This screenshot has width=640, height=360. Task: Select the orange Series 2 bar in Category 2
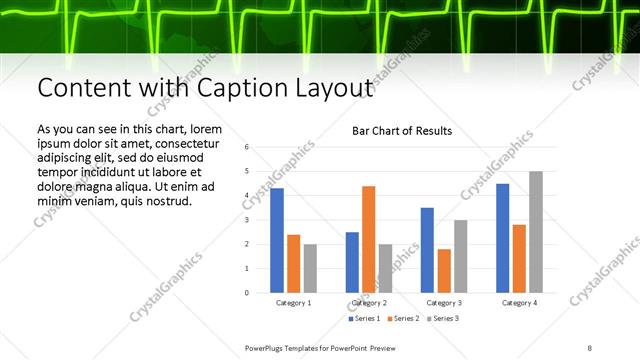[x=368, y=239]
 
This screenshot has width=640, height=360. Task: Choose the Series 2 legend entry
[x=403, y=319]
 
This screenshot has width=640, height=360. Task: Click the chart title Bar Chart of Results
[x=402, y=131]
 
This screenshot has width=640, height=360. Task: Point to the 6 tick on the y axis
[x=247, y=147]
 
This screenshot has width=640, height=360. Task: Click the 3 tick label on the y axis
[x=247, y=220]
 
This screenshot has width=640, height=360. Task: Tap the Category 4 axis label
[x=519, y=302]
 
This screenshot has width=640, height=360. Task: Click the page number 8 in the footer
[x=589, y=347]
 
